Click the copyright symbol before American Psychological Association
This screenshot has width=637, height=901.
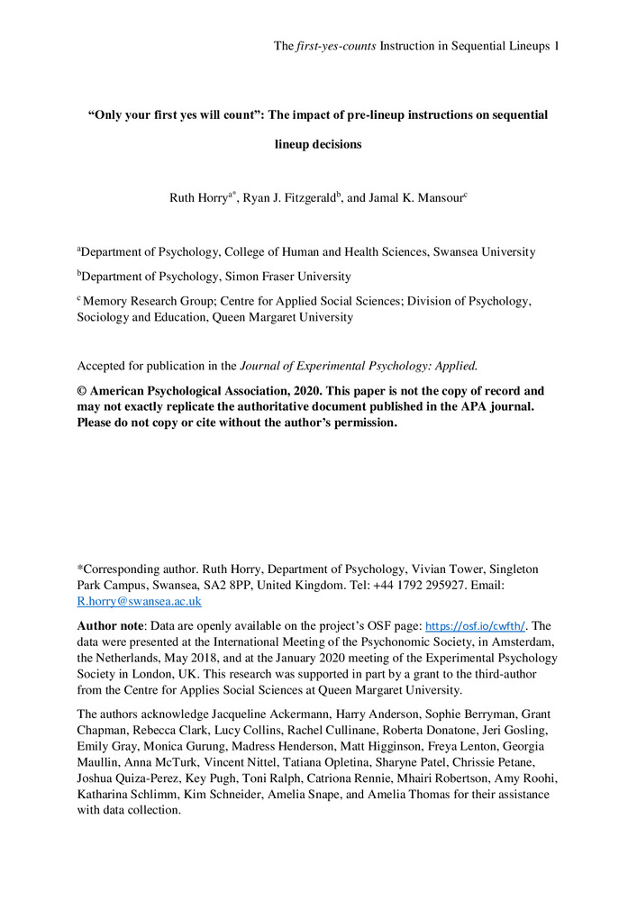[82, 391]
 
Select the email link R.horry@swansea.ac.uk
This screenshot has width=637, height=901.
[140, 601]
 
